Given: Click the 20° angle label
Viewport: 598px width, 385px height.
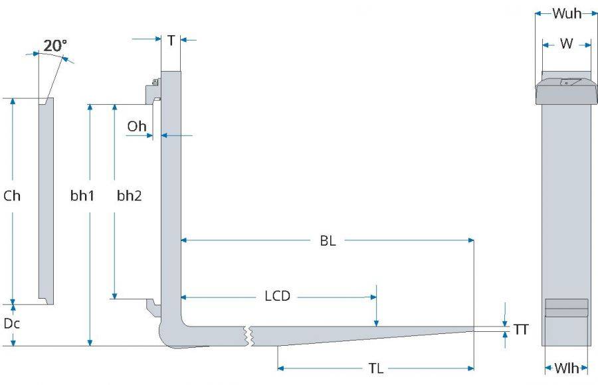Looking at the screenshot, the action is tap(55, 46).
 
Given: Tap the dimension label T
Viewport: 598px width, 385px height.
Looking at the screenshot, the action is tap(171, 40).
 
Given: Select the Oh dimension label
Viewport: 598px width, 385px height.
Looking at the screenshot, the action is tap(136, 126).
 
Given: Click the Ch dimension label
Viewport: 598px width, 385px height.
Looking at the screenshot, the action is tap(12, 196).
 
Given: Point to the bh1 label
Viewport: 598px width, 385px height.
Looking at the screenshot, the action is tap(82, 196).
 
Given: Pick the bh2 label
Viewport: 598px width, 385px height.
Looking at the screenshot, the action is tap(130, 196).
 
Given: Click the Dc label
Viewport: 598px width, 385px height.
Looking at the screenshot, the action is tap(11, 323).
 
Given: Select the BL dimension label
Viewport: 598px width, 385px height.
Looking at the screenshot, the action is tap(328, 241).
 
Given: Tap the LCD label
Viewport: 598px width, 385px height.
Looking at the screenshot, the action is tap(277, 296).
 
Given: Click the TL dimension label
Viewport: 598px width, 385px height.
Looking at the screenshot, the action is tap(375, 368).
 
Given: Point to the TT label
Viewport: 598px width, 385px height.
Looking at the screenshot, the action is tap(521, 329).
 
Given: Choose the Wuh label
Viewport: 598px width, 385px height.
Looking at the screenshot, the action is tap(567, 13).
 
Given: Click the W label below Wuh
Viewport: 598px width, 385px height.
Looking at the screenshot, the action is tap(566, 43).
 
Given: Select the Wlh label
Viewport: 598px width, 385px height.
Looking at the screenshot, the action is tap(566, 368).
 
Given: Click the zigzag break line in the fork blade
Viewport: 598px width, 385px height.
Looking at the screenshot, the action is tap(248, 336).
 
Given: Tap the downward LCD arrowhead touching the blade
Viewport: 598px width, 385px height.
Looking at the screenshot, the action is tap(376, 323).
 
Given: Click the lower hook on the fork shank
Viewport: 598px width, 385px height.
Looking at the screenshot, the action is tap(153, 307).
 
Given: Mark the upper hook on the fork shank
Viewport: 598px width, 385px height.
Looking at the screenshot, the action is tap(153, 92).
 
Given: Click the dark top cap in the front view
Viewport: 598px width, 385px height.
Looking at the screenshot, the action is tap(566, 92).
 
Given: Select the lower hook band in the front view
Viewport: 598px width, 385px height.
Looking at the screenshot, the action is tap(566, 308).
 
